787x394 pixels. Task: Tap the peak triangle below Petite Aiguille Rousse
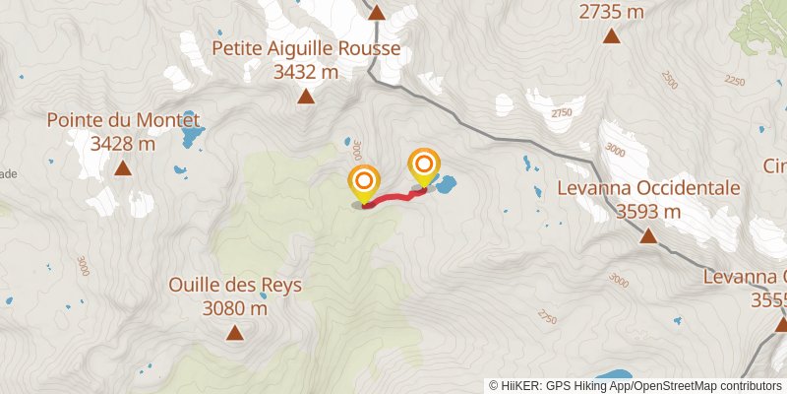(306, 97)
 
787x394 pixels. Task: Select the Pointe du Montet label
(123, 120)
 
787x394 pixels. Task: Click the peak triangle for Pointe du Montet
(123, 168)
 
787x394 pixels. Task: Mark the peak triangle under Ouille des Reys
(234, 333)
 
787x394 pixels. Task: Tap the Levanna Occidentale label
(648, 187)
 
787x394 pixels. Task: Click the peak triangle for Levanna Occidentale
(648, 235)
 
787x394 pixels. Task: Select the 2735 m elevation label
(611, 12)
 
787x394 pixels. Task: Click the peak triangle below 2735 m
(611, 37)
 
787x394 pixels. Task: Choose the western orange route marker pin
(364, 181)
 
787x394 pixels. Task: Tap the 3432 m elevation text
(306, 72)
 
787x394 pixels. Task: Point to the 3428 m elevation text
(123, 144)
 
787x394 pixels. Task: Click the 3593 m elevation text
(648, 211)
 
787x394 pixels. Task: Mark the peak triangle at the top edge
(376, 12)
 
